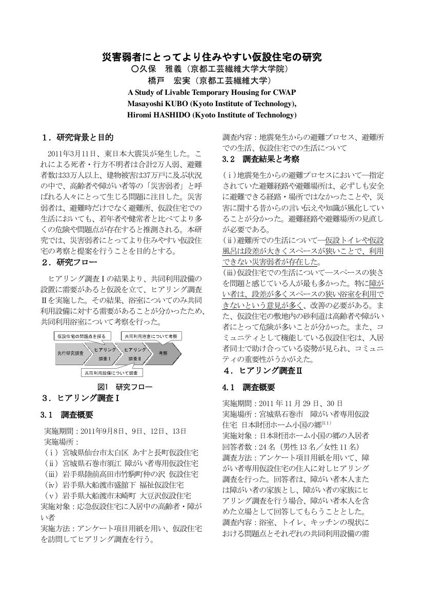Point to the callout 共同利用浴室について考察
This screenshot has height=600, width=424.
coord(151,336)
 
